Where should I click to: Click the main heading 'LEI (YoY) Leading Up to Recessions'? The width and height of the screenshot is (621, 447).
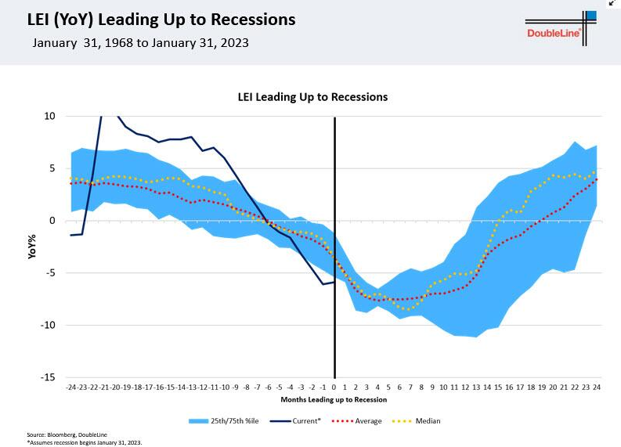tap(156, 18)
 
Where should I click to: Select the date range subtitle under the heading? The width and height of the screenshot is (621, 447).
tap(141, 42)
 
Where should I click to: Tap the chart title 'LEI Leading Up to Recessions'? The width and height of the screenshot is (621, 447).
tap(312, 97)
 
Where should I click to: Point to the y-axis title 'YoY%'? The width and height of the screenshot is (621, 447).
tap(33, 246)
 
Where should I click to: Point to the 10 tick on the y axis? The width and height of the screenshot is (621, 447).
tap(49, 116)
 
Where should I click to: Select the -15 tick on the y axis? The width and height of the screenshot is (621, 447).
tap(49, 377)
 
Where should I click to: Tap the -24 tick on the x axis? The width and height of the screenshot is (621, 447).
tap(71, 387)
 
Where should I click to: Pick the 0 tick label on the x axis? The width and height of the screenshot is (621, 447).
tap(334, 387)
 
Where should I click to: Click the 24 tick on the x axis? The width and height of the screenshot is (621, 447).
tap(597, 387)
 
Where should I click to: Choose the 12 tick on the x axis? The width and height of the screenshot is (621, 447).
tap(465, 387)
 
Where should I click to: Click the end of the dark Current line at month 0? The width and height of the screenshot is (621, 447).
tap(334, 283)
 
